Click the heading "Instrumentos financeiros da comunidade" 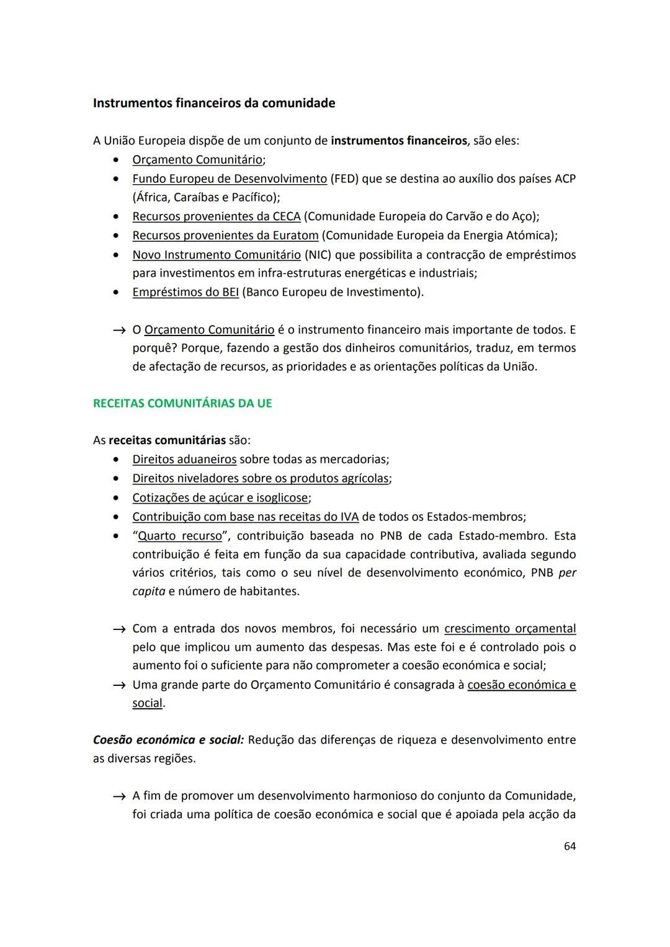coord(213,103)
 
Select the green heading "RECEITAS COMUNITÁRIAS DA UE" coord(182,403)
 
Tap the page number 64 coord(569,846)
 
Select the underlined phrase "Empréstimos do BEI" coord(185,292)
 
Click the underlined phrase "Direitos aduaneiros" coord(184,460)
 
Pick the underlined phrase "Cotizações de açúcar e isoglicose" coord(220,498)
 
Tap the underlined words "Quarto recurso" coord(179,536)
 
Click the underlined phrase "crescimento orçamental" coord(510,629)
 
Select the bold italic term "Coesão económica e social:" coord(168,740)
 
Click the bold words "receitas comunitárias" coord(167,440)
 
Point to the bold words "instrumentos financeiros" coord(398,141)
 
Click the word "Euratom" coord(295,236)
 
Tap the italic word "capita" coord(149,592)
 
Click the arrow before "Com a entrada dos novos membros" coord(118,629)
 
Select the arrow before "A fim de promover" coord(118,796)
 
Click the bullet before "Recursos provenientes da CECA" coord(115,217)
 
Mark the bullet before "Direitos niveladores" coord(115,479)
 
